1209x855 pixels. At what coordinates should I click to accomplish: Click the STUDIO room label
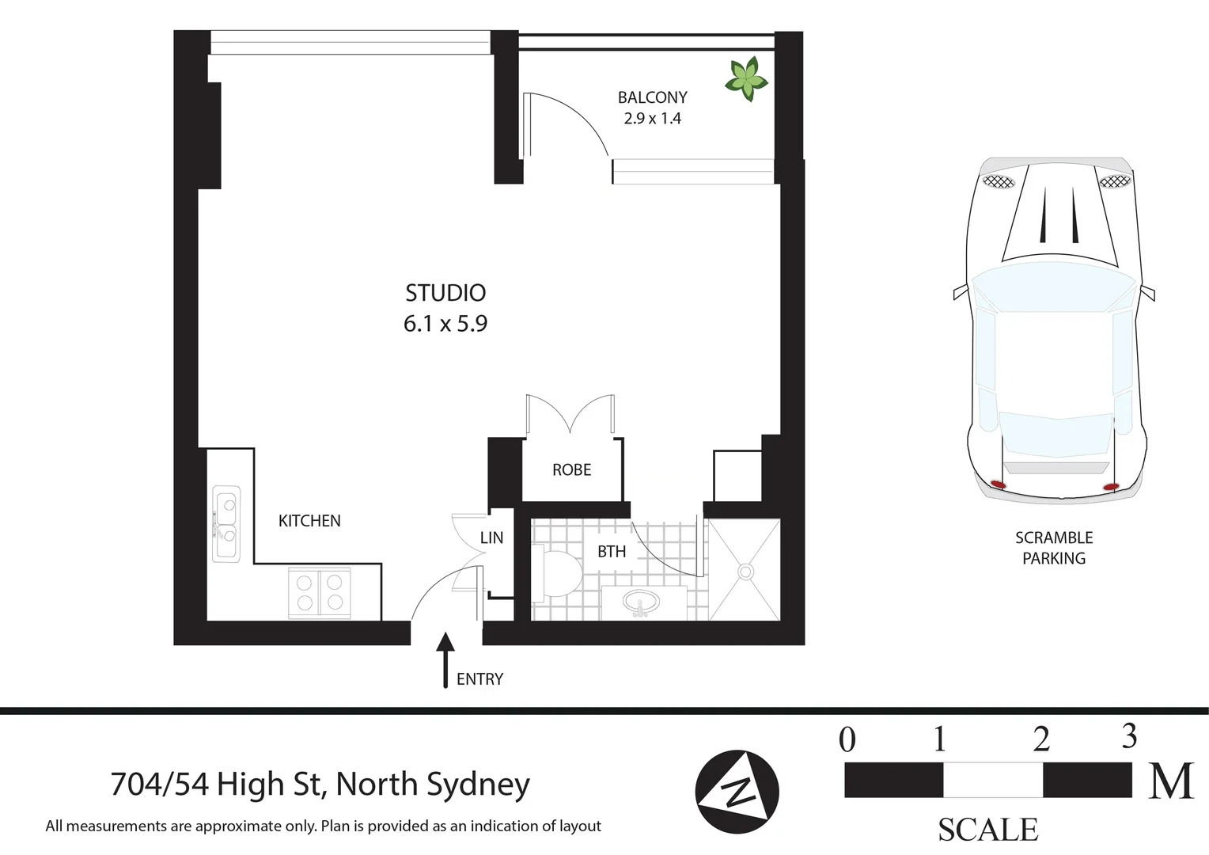[445, 293]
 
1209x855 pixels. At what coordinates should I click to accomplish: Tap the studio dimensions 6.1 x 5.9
[445, 324]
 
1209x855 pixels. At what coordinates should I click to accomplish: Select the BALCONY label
[652, 97]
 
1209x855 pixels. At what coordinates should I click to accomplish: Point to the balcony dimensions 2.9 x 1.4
[652, 119]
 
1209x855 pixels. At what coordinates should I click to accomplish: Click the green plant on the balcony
[746, 78]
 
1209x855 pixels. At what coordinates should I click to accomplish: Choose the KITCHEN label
[309, 521]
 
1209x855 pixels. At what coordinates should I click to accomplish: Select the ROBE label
[571, 470]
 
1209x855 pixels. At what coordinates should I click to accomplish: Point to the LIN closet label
[491, 538]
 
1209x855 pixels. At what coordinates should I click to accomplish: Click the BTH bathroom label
[611, 552]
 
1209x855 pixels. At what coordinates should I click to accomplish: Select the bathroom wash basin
[641, 603]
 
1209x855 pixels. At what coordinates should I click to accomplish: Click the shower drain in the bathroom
[745, 570]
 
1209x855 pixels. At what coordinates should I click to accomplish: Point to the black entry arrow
[445, 659]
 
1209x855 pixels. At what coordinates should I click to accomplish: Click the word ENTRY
[479, 679]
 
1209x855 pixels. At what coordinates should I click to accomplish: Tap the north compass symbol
[737, 792]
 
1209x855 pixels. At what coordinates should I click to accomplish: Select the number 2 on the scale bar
[1041, 739]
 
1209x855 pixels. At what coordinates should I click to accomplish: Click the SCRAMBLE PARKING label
[1053, 548]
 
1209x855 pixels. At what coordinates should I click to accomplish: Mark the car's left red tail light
[998, 484]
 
